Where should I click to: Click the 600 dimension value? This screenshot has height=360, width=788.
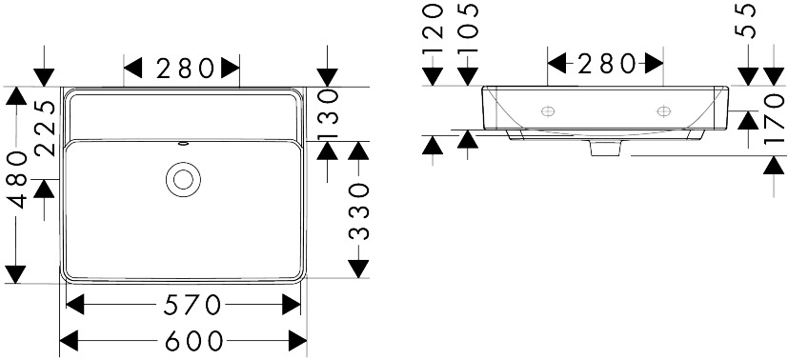pyautogui.click(x=194, y=341)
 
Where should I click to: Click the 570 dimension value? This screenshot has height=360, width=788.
pyautogui.click(x=192, y=305)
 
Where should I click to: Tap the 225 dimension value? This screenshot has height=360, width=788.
pyautogui.click(x=47, y=128)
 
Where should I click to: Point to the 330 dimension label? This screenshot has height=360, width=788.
pyautogui.click(x=359, y=211)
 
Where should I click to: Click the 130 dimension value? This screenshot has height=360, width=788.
pyautogui.click(x=328, y=114)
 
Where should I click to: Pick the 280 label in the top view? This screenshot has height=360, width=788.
pyautogui.click(x=185, y=69)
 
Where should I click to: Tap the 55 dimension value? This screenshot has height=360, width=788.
pyautogui.click(x=746, y=21)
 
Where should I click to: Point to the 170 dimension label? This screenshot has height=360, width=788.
pyautogui.click(x=774, y=118)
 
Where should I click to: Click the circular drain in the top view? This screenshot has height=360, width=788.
pyautogui.click(x=183, y=179)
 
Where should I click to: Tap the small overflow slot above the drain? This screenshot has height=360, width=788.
pyautogui.click(x=183, y=144)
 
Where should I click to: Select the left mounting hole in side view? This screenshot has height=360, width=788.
pyautogui.click(x=548, y=111)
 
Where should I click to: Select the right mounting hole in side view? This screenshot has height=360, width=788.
pyautogui.click(x=664, y=111)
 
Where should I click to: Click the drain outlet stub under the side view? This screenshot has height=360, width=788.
pyautogui.click(x=606, y=149)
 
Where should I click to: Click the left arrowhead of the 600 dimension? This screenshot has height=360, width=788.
pyautogui.click(x=70, y=341)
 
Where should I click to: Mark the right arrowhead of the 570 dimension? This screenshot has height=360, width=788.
pyautogui.click(x=291, y=305)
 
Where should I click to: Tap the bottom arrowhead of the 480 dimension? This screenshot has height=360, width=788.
pyautogui.click(x=16, y=274)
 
